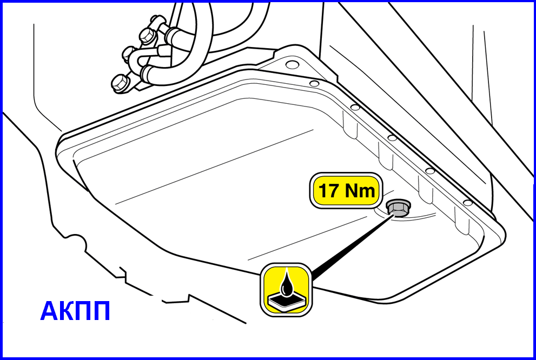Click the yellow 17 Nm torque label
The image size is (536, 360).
point(346,191)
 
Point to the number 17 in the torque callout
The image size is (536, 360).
point(328,191)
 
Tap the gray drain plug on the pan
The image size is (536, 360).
point(398,208)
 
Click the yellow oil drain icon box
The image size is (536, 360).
point(286,289)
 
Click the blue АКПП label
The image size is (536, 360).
point(75,311)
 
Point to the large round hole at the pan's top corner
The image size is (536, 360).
point(292,64)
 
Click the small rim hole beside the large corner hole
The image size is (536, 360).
point(314,83)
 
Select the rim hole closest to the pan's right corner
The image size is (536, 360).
point(468,203)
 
